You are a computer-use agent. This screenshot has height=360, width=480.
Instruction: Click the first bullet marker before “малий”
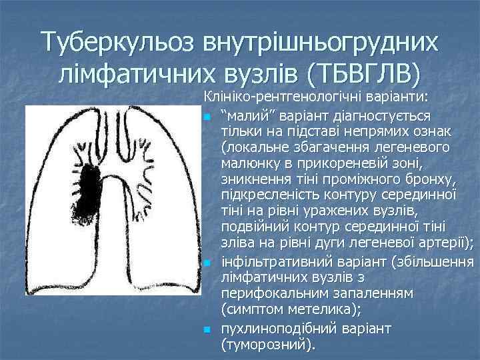[207, 117]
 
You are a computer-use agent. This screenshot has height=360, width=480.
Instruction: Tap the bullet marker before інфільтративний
[207, 265]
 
